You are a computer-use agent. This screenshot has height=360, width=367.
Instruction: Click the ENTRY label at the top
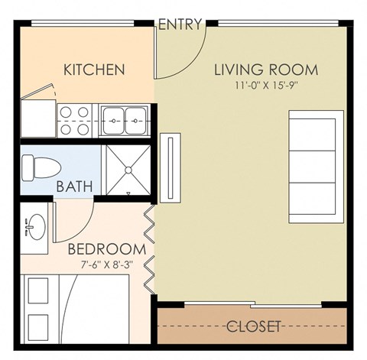tap(180, 24)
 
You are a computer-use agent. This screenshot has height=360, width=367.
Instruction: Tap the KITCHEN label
tap(94, 70)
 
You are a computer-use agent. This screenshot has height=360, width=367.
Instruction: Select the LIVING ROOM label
tap(265, 71)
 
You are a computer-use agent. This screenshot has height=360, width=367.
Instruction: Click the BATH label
tap(74, 186)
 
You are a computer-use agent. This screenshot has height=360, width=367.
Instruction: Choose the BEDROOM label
tap(107, 250)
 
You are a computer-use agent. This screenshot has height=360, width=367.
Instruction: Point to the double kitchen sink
tap(124, 119)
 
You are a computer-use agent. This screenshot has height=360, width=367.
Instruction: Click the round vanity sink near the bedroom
tap(34, 227)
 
